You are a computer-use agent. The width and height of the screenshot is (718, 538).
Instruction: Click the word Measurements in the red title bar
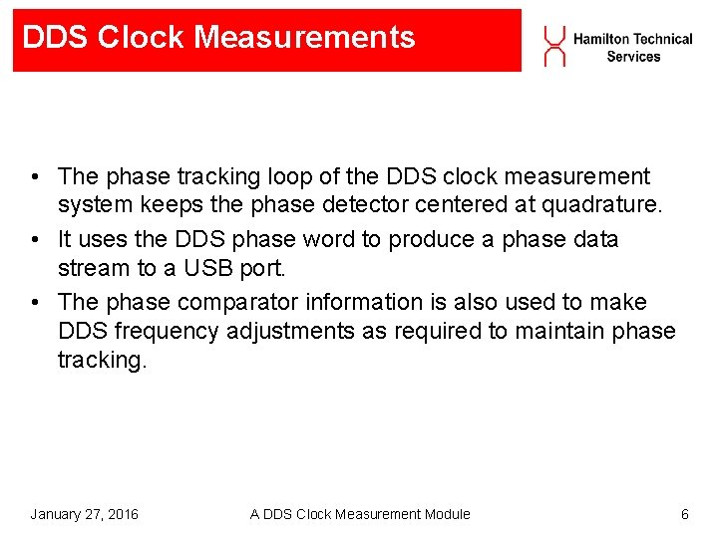(304, 38)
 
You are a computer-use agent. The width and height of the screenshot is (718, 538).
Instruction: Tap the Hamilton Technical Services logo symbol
(554, 46)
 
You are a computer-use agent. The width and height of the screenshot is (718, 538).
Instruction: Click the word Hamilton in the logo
(601, 39)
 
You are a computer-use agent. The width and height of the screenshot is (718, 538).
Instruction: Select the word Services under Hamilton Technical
(633, 57)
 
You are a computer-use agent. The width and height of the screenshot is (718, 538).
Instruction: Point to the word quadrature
(602, 206)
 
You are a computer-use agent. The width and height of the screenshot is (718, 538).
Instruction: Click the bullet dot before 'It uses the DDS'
(35, 240)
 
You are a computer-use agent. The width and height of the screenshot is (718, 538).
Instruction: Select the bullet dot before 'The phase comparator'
(35, 302)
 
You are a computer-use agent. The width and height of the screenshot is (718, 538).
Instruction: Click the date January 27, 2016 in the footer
(84, 514)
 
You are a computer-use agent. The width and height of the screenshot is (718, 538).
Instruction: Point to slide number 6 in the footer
(684, 514)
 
